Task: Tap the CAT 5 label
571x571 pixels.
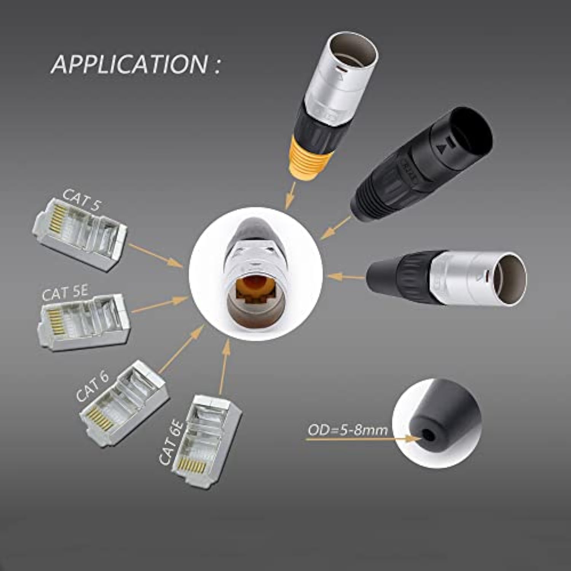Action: pyautogui.click(x=81, y=199)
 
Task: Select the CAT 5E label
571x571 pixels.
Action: pyautogui.click(x=65, y=293)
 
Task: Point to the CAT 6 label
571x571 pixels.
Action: pyautogui.click(x=93, y=386)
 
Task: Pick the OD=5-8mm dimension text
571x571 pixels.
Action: pyautogui.click(x=348, y=430)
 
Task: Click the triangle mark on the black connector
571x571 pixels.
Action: pyautogui.click(x=442, y=148)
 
